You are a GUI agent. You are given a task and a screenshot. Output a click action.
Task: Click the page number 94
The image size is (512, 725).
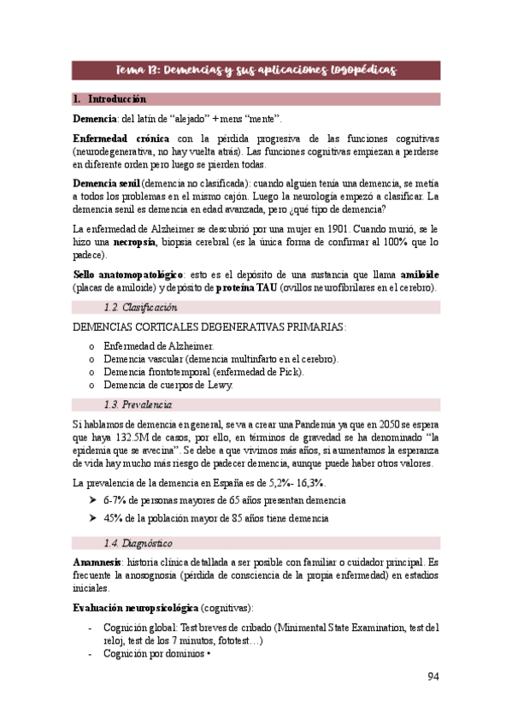pos(433,677)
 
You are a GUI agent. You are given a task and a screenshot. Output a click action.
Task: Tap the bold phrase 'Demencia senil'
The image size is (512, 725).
pos(106,183)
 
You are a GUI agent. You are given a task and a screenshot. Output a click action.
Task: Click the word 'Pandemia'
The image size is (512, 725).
pos(323,424)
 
